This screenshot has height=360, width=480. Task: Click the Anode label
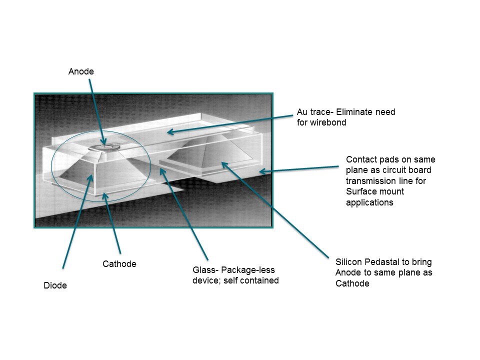point(81,71)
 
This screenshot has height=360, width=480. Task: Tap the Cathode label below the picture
point(119,264)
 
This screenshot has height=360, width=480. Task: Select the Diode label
point(55,285)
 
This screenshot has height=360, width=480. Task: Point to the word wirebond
point(328,122)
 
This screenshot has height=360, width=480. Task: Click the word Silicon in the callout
point(348,262)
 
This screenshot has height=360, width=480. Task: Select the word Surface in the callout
point(360,191)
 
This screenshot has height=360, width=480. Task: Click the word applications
point(370,202)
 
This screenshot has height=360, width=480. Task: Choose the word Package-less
point(248,270)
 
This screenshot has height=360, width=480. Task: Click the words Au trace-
point(315,112)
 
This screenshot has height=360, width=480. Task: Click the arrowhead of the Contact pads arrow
point(261,171)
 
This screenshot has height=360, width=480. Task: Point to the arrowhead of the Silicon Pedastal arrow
point(224,164)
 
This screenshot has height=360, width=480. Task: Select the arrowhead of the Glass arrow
point(162,170)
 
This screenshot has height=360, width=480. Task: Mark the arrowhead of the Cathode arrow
point(104,195)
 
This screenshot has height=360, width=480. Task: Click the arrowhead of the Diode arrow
point(91,176)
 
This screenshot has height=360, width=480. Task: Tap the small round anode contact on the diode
point(104,147)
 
